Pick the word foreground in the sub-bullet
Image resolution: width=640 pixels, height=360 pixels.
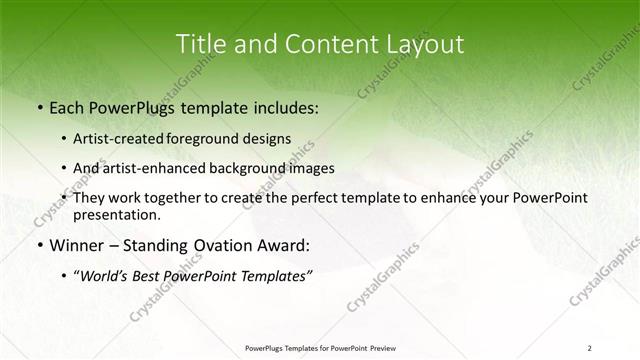(211, 138)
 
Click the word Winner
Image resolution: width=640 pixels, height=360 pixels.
(73, 244)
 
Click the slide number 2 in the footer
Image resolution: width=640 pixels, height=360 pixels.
(590, 347)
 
